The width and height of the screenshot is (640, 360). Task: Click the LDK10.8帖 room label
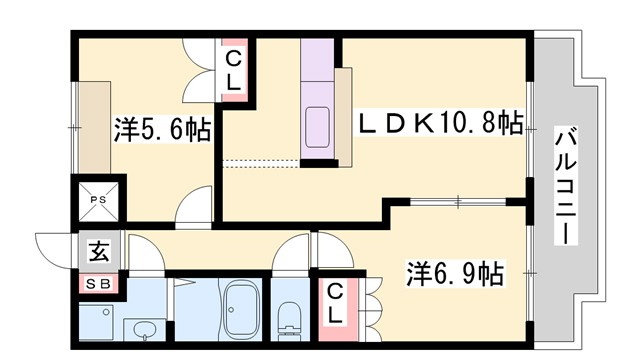tap(441, 125)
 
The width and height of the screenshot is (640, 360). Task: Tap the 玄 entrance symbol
tap(99, 252)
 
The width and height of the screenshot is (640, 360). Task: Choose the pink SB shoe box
tap(99, 284)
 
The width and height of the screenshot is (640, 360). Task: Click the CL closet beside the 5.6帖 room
tap(232, 70)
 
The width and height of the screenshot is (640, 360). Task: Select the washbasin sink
tap(141, 329)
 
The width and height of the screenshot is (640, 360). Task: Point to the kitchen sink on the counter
tap(319, 125)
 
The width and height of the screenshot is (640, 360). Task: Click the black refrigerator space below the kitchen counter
tap(319, 158)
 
